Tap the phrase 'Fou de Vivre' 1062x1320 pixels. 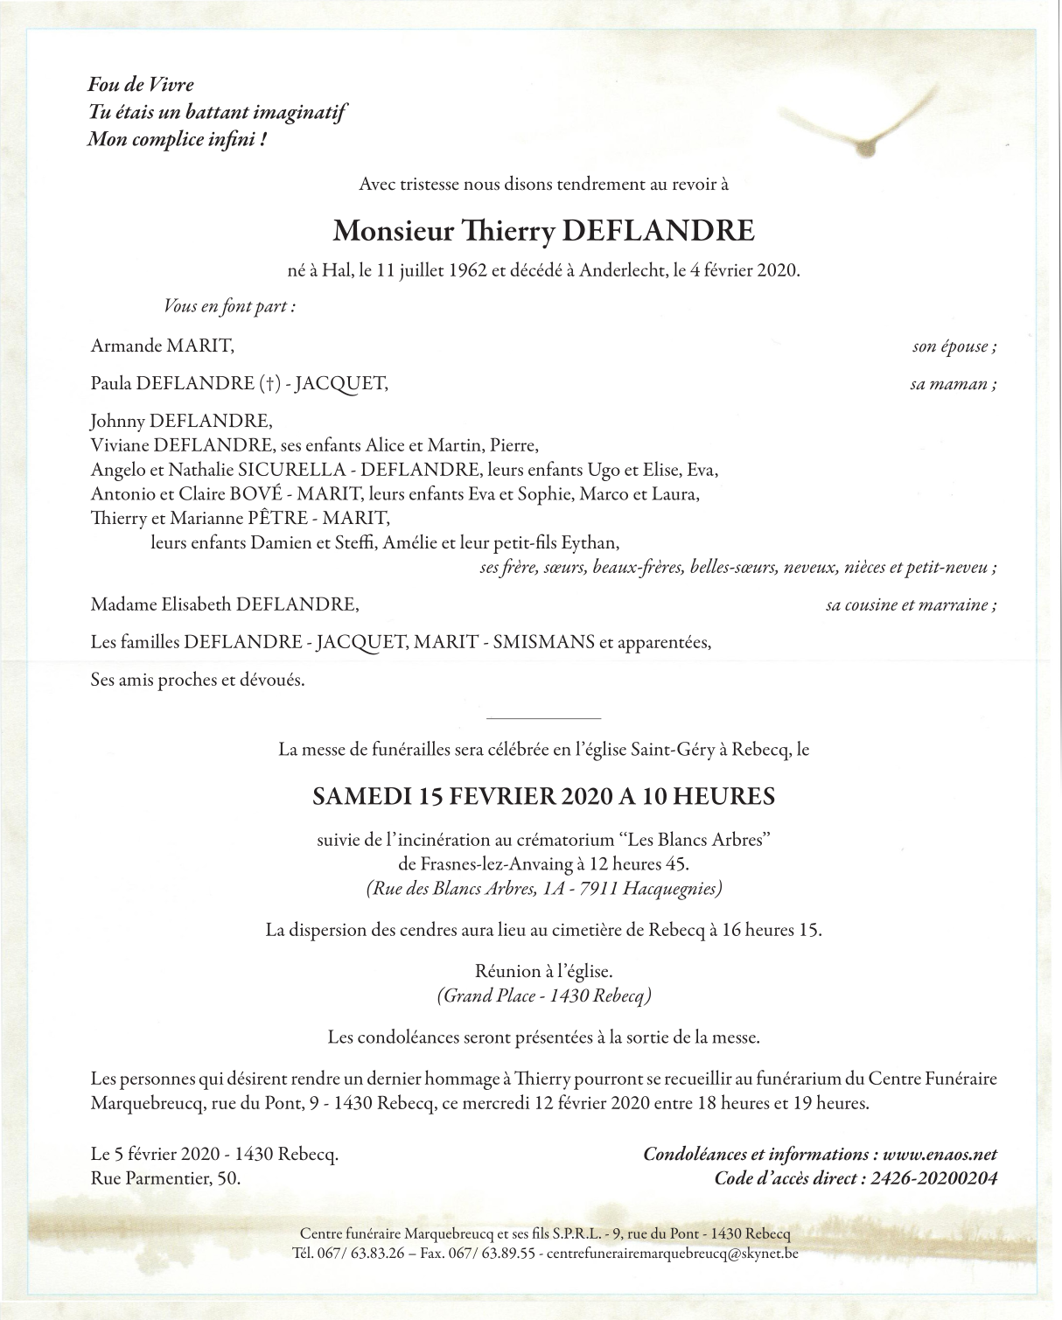coord(141,85)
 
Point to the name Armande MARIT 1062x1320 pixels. coord(163,346)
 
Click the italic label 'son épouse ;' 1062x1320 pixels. coord(954,346)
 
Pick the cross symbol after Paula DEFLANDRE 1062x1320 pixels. coord(269,383)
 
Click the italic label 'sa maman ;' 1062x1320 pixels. coord(953,384)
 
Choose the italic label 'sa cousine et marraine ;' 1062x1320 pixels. coord(911,604)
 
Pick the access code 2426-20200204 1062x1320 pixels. coord(933,1178)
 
